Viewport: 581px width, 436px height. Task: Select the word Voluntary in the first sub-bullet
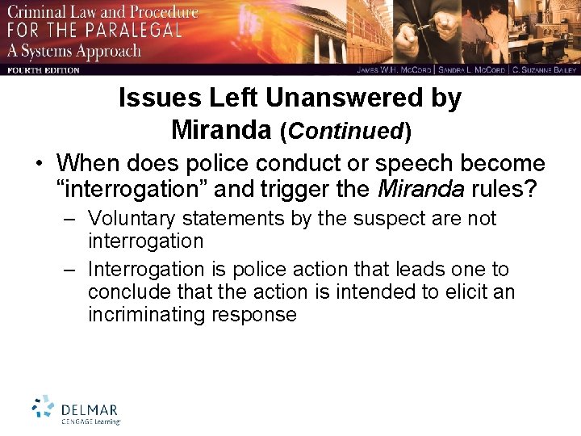(134, 219)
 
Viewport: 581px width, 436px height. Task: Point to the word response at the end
(254, 314)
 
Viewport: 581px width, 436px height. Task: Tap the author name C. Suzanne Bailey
(544, 70)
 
